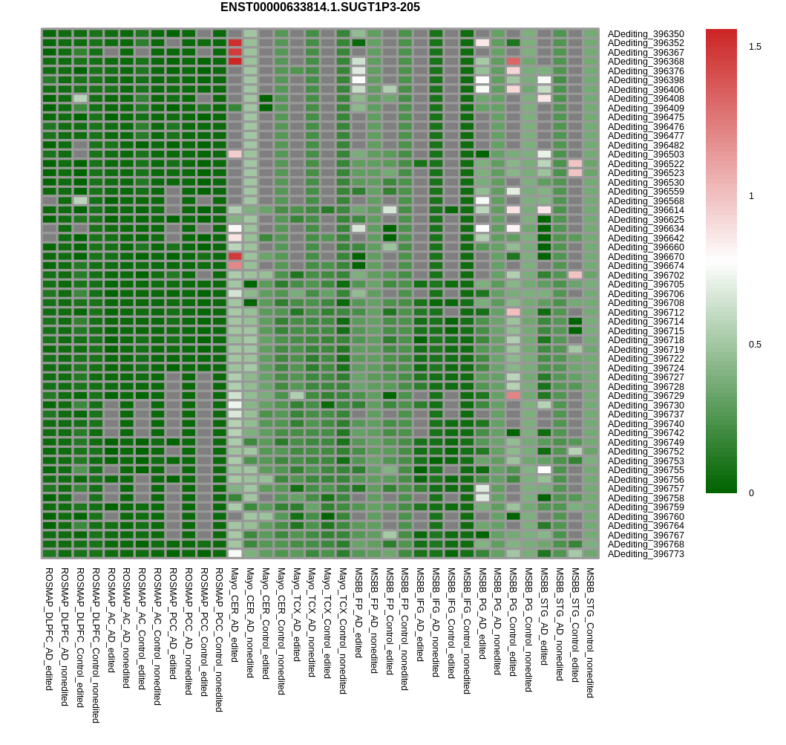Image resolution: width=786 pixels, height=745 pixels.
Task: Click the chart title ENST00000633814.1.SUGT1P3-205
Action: point(320,7)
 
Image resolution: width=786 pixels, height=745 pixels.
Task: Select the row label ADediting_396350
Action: point(646,34)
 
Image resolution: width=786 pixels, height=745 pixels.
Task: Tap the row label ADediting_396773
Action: point(646,554)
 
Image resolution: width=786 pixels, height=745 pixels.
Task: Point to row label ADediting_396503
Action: point(646,154)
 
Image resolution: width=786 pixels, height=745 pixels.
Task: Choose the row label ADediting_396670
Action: point(646,257)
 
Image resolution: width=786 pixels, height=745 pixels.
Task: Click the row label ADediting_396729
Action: point(646,396)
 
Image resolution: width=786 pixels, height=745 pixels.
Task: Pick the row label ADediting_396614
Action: point(646,210)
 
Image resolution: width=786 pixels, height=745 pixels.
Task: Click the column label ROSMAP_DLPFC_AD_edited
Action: point(49,629)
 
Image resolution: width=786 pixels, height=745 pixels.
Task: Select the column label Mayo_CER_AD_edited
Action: point(235,615)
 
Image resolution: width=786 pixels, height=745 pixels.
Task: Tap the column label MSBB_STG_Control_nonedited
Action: point(590,633)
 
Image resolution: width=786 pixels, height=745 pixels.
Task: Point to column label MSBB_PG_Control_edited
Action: point(513,622)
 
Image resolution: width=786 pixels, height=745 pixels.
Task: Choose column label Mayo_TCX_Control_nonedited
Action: point(343,631)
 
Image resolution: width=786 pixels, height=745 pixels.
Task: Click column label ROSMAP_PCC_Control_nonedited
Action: point(219,640)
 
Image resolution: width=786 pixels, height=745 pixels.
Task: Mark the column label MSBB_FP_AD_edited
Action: point(358,613)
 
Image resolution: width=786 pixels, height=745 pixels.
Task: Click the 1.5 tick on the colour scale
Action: point(755,47)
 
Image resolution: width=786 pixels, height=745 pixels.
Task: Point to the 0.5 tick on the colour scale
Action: point(755,345)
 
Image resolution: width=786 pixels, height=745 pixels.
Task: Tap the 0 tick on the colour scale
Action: point(751,493)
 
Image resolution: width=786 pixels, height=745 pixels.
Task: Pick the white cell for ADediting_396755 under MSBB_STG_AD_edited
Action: point(544,470)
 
